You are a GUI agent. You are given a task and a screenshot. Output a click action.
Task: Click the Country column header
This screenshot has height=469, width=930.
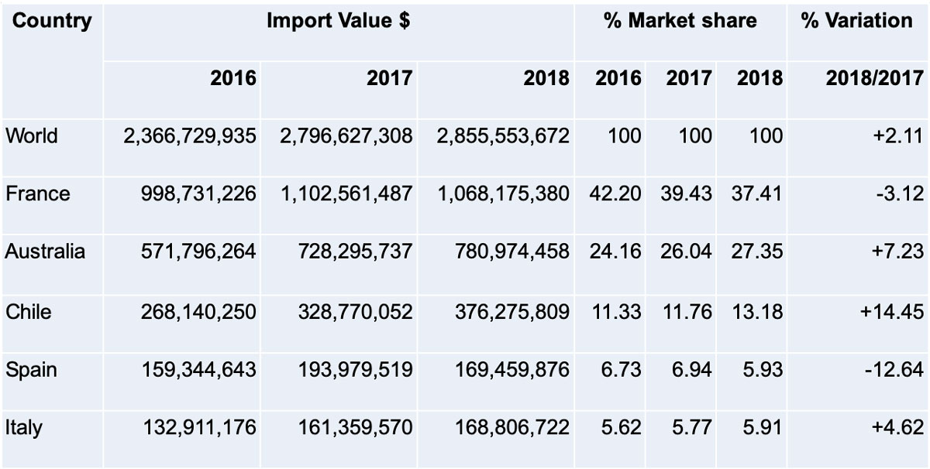[51, 22]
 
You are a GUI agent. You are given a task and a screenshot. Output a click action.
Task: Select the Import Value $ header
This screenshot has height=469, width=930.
[339, 22]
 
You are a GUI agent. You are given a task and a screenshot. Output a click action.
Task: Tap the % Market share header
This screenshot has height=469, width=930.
[680, 22]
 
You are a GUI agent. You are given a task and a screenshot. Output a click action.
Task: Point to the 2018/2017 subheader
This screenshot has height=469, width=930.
[873, 78]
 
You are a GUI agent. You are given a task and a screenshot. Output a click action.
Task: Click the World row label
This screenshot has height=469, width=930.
[32, 136]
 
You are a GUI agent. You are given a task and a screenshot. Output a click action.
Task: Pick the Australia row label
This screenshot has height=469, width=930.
[45, 252]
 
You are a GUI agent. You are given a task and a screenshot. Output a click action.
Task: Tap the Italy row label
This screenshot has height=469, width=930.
[24, 427]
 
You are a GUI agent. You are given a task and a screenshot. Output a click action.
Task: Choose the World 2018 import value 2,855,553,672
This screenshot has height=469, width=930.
[503, 136]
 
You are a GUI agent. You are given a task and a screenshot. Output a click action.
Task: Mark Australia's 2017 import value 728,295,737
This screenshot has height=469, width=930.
[356, 252]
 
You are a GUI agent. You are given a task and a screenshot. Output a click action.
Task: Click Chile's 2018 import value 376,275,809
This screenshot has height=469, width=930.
[512, 311]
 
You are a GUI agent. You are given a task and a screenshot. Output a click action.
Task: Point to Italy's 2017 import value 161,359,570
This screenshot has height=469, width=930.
[356, 427]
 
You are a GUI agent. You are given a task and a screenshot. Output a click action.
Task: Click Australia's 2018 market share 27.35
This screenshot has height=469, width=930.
[756, 252]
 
